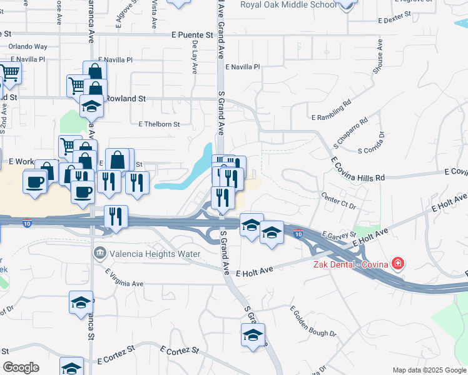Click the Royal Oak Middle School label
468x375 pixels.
[x=287, y=4]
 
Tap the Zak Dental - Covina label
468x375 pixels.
[x=350, y=264]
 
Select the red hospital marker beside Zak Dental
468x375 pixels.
[x=397, y=264]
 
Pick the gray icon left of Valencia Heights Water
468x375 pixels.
[x=99, y=254]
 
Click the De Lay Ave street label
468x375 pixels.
[x=195, y=54]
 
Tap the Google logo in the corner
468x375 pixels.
[x=21, y=367]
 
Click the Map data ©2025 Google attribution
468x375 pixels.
[x=429, y=370]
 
